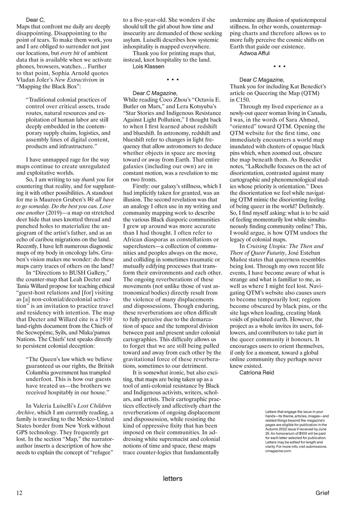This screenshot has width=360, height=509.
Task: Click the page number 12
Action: pyautogui.click(x=19, y=493)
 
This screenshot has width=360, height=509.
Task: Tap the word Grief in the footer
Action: pyautogui.click(x=322, y=493)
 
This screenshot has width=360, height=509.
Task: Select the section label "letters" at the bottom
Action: pyautogui.click(x=173, y=478)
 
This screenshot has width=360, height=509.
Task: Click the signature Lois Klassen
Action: pyautogui.click(x=148, y=66)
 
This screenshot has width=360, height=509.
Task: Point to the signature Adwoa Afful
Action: pyautogui.click(x=254, y=53)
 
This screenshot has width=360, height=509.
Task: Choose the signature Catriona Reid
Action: pyautogui.click(x=257, y=373)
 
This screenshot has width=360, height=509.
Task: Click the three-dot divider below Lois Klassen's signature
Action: pyautogui.click(x=173, y=80)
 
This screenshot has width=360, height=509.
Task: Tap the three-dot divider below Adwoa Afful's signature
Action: pyautogui.click(x=279, y=66)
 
